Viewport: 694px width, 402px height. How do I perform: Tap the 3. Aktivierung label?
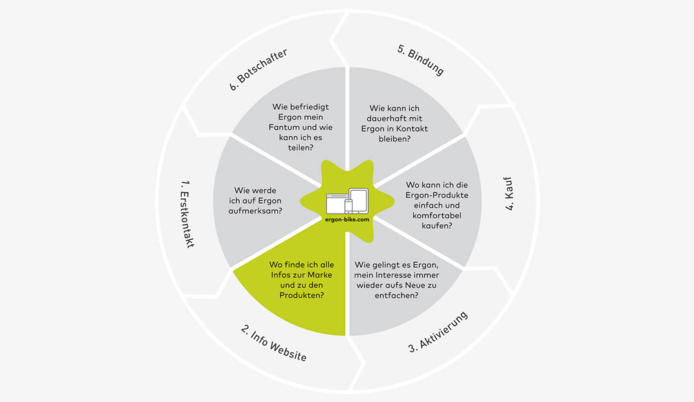(438, 332)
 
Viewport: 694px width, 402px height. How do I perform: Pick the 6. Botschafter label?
(258, 69)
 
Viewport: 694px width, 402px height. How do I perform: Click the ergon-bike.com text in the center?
(347, 219)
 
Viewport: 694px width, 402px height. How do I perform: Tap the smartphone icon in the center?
(348, 206)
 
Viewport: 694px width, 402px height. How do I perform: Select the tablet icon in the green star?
(358, 200)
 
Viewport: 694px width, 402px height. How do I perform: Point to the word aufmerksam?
(255, 211)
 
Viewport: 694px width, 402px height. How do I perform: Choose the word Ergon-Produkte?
(437, 195)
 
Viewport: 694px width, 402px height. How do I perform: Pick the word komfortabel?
(437, 215)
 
